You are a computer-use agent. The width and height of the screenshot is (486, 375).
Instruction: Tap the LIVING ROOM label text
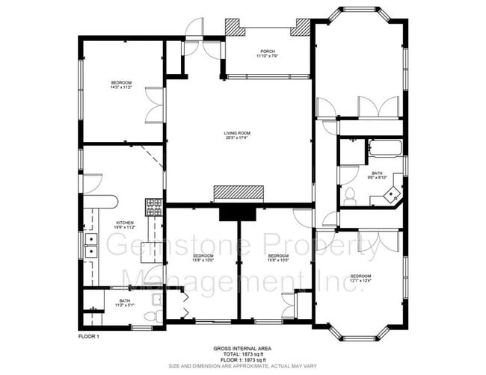237,135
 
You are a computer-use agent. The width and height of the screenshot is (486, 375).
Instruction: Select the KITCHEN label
123,223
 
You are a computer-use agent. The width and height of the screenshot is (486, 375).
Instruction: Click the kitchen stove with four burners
154,207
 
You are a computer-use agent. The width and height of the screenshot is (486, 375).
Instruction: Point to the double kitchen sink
90,245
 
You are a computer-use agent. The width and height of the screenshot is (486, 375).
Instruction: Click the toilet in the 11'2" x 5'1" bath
150,317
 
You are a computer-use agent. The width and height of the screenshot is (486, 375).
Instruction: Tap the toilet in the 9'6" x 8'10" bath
349,196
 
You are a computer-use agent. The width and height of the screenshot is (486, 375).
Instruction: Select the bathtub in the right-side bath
385,147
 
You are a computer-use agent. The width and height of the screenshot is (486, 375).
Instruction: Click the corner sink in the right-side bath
391,196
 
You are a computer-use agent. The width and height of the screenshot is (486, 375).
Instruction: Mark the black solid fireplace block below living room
237,213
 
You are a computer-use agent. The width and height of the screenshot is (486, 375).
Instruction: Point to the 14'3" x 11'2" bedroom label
121,84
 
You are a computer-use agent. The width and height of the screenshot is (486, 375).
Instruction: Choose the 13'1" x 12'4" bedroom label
360,279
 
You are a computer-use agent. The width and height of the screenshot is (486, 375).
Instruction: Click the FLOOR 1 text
88,337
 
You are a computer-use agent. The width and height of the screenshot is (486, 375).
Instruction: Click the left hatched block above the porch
235,28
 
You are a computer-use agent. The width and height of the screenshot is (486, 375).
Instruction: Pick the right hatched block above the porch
301,28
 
